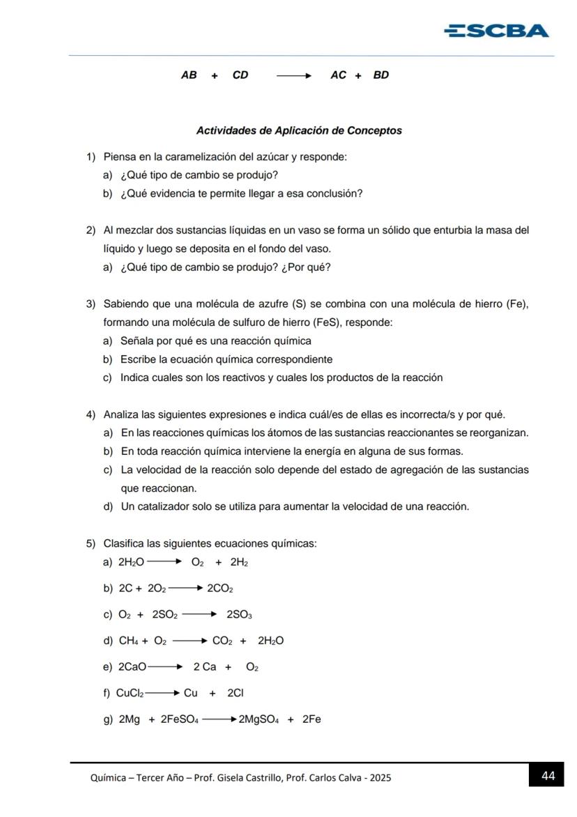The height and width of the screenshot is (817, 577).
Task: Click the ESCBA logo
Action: click(x=496, y=31)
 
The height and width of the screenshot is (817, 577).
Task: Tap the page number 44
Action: click(x=548, y=776)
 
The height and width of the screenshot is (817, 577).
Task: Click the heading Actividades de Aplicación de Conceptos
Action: click(x=299, y=130)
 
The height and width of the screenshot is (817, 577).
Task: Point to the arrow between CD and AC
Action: click(x=293, y=75)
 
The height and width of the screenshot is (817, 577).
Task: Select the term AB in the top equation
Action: click(x=189, y=75)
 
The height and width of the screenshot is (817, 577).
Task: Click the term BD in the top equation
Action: click(x=380, y=75)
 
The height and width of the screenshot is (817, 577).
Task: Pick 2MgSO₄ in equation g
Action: click(x=259, y=719)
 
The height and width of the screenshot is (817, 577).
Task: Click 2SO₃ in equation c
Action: click(x=239, y=615)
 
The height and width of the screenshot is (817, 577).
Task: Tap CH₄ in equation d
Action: click(x=129, y=640)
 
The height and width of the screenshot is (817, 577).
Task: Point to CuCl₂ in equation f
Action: click(x=130, y=693)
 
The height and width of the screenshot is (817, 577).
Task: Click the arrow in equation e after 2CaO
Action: click(x=165, y=667)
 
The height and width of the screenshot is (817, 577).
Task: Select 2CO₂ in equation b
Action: click(x=220, y=588)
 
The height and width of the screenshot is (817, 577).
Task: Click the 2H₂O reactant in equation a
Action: click(x=131, y=562)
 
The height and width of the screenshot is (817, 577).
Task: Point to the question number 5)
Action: click(x=91, y=544)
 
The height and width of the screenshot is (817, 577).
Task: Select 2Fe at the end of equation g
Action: click(x=311, y=719)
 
